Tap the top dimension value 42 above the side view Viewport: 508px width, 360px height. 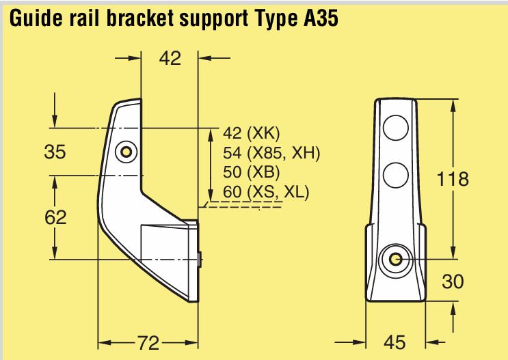click(170, 59)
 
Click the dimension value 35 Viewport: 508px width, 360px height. click(55, 152)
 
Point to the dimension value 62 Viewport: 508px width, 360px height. click(55, 217)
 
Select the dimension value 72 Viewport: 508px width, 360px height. click(148, 341)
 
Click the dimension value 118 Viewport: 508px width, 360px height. click(453, 179)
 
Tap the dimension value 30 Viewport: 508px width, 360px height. click(453, 281)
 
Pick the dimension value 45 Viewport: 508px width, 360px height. click(395, 342)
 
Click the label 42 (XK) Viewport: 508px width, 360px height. click(252, 133)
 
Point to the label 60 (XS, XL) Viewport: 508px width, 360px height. click(266, 191)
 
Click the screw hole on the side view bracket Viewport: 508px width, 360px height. click(125, 152)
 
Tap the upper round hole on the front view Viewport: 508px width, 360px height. click(395, 128)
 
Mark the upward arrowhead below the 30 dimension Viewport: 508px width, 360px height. click(453, 307)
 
